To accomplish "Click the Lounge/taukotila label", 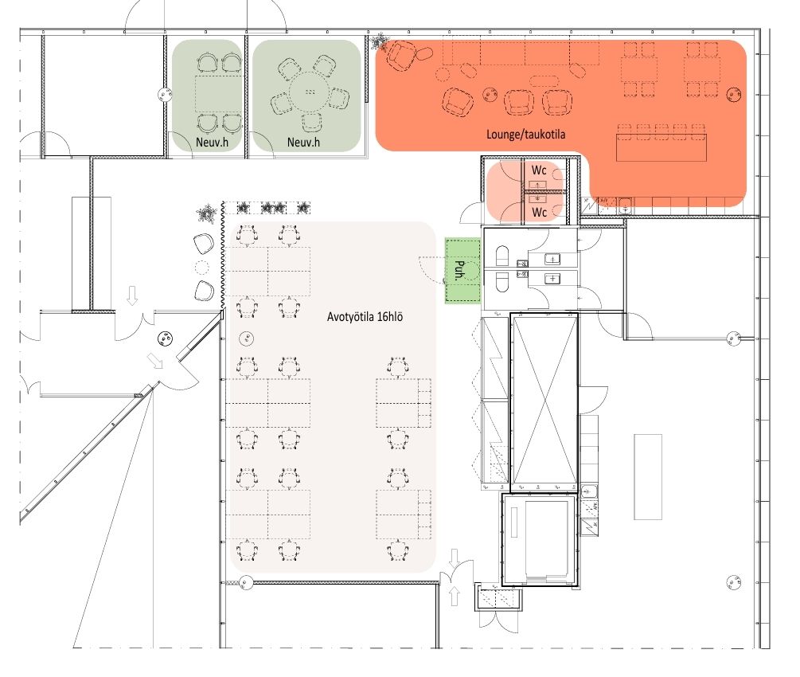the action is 525,135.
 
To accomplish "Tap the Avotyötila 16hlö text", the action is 365,317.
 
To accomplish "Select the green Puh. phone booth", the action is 462,271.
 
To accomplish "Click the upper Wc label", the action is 539,170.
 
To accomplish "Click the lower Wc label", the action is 539,211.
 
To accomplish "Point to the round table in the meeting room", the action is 310,92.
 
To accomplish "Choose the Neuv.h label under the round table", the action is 303,142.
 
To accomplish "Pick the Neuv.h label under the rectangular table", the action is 213,142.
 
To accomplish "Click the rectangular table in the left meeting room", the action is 218,94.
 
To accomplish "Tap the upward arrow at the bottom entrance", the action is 455,596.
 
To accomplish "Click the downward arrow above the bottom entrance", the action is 455,558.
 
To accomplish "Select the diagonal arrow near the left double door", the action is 155,360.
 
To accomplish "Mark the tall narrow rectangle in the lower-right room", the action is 648,477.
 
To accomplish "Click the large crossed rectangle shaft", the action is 545,400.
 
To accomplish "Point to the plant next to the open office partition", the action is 207,213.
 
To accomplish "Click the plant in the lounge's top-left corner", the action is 379,42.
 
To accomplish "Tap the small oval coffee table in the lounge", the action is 544,80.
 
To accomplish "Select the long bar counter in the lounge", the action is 661,147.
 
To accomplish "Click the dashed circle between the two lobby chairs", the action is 202,267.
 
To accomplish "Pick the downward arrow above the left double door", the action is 132,295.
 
